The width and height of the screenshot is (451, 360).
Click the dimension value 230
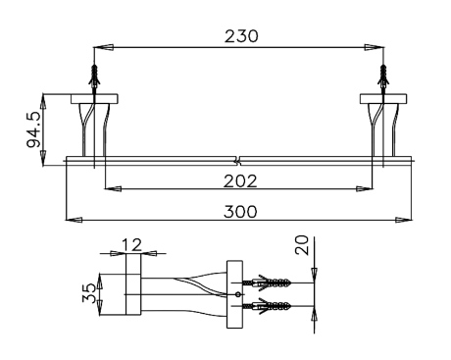pyautogui.click(x=239, y=35)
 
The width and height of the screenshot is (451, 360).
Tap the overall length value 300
pyautogui.click(x=239, y=211)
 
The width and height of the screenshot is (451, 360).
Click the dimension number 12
pyautogui.click(x=132, y=243)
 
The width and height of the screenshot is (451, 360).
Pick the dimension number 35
pyautogui.click(x=89, y=291)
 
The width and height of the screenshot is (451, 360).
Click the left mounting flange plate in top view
pyautogui.click(x=94, y=97)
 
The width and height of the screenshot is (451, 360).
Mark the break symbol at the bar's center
pyautogui.click(x=238, y=158)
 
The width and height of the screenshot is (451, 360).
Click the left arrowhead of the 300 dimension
pyautogui.click(x=72, y=220)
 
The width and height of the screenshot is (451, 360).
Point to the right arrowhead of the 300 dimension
pyautogui.click(x=407, y=220)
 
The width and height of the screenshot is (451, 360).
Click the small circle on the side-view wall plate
pyautogui.click(x=238, y=294)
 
